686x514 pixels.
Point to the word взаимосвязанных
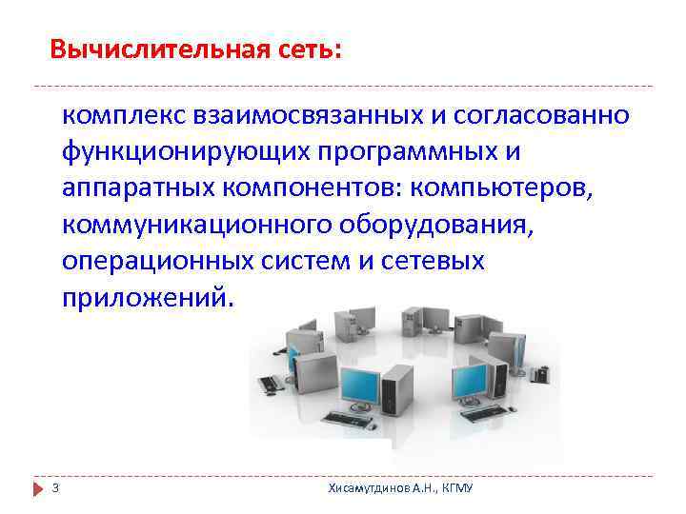(308, 115)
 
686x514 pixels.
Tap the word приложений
(146, 296)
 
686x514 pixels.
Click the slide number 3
(56, 488)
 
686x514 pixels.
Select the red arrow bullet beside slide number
(39, 488)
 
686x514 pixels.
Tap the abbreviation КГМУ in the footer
(459, 488)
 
